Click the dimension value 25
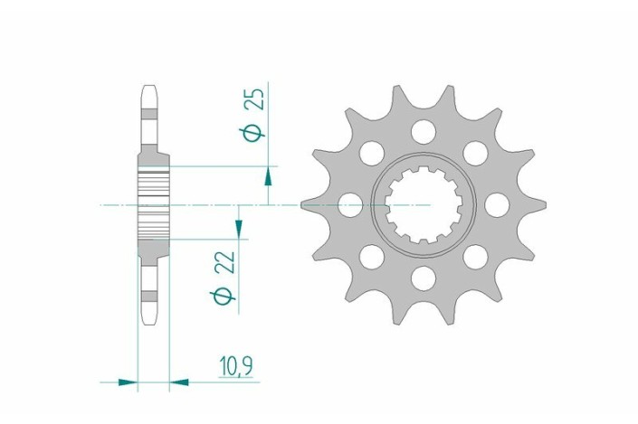pos(256,99)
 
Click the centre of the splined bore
pos(420,205)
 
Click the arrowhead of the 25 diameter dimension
pos(268,176)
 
